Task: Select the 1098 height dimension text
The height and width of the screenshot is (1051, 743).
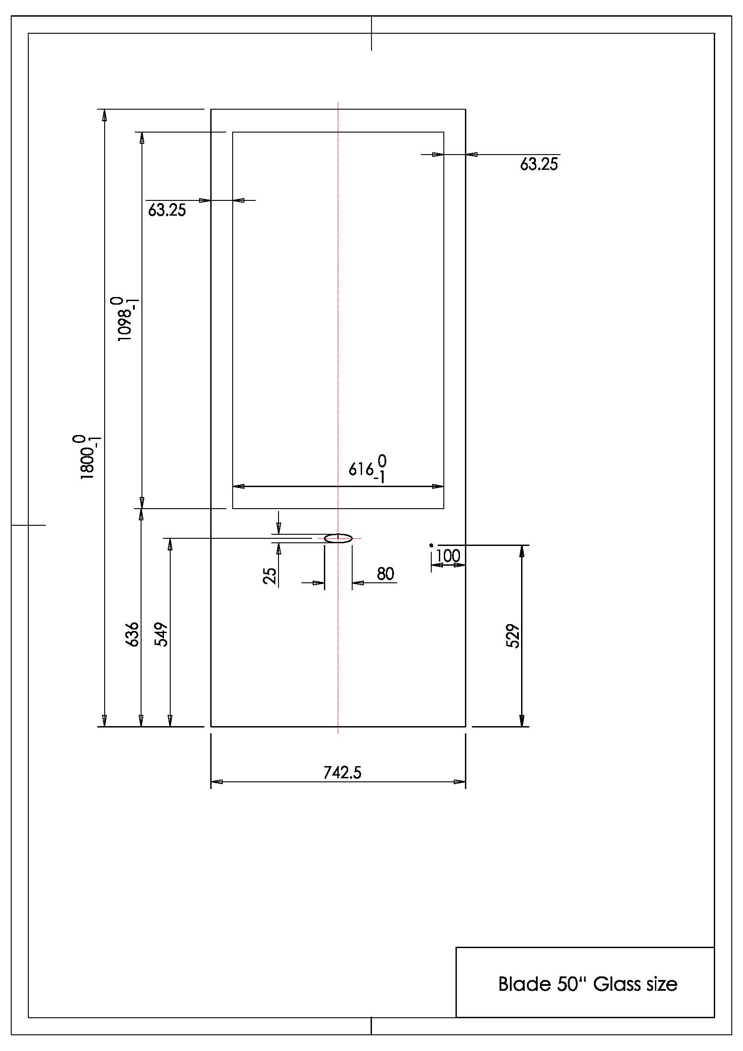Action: point(124,319)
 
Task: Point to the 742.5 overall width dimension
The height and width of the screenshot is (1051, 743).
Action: point(342,773)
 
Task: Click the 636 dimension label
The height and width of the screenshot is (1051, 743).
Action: point(132,634)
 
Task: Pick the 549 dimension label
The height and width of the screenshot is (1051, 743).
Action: point(163,634)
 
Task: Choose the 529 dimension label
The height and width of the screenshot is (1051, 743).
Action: point(513,636)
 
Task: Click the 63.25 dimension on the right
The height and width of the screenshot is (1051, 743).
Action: point(539,164)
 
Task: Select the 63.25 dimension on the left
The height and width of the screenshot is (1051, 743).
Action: point(167,210)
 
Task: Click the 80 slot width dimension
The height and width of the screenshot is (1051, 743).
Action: point(385,573)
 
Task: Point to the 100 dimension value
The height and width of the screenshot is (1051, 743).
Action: point(448,556)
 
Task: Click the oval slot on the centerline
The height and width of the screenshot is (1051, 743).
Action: point(338,538)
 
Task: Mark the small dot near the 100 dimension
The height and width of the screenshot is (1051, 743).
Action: point(431,545)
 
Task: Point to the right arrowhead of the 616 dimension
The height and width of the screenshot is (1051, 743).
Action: point(438,486)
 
